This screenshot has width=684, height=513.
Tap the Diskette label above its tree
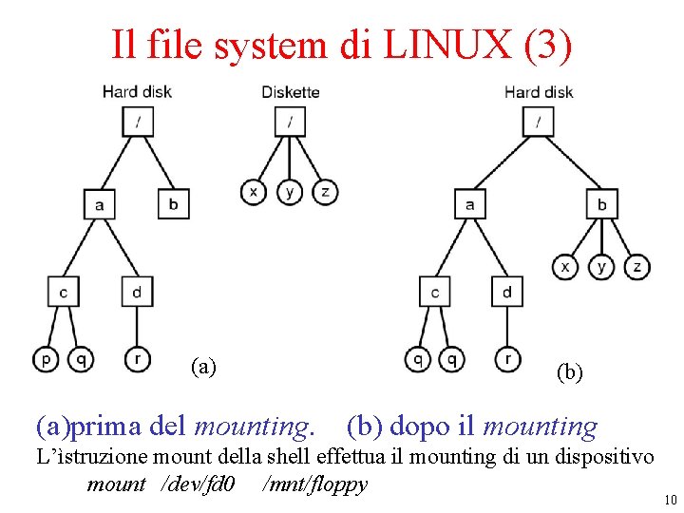click(x=290, y=92)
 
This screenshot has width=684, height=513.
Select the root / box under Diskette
click(x=290, y=122)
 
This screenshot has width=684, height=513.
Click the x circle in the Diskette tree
click(x=253, y=191)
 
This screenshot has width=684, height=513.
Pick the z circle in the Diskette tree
click(x=325, y=191)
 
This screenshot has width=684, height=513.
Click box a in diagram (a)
click(x=100, y=203)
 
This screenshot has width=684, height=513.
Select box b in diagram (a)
click(x=173, y=203)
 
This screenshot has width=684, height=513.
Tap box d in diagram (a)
click(x=136, y=292)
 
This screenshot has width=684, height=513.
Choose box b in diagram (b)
click(x=601, y=203)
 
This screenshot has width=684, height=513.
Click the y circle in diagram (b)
click(x=601, y=267)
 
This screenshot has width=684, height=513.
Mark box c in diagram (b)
click(x=435, y=292)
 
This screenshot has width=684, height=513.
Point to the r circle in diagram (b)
click(x=507, y=359)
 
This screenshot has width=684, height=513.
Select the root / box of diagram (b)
click(x=539, y=122)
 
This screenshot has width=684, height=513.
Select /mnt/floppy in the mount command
click(x=314, y=484)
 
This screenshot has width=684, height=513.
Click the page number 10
click(x=670, y=500)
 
